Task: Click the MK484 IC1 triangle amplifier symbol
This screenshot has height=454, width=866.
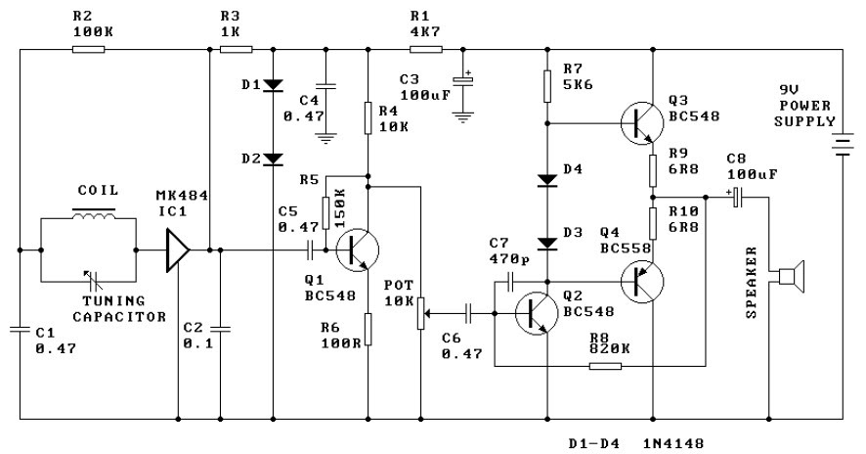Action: (x=178, y=250)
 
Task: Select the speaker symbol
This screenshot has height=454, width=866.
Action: (x=791, y=276)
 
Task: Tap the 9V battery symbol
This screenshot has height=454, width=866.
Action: (x=843, y=145)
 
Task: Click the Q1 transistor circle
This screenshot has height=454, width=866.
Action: (x=357, y=250)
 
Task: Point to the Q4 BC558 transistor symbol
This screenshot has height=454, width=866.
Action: (x=642, y=282)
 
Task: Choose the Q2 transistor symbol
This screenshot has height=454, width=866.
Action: (x=537, y=313)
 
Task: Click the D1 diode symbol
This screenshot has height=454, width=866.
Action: (x=273, y=85)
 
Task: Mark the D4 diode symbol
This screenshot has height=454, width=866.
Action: (x=547, y=180)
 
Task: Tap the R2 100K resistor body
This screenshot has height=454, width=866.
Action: (x=88, y=49)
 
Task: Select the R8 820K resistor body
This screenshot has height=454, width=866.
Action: (x=605, y=366)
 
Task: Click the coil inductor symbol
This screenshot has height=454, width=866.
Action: (x=94, y=214)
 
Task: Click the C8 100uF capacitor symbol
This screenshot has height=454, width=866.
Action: (x=737, y=198)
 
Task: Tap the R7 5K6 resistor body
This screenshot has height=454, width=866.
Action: (x=547, y=86)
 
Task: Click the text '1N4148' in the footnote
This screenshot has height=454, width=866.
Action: (x=673, y=443)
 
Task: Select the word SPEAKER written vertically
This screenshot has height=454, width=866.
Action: (x=751, y=283)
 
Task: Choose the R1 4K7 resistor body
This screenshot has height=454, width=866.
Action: (x=426, y=49)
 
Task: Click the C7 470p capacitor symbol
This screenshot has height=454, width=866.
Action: (x=510, y=282)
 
